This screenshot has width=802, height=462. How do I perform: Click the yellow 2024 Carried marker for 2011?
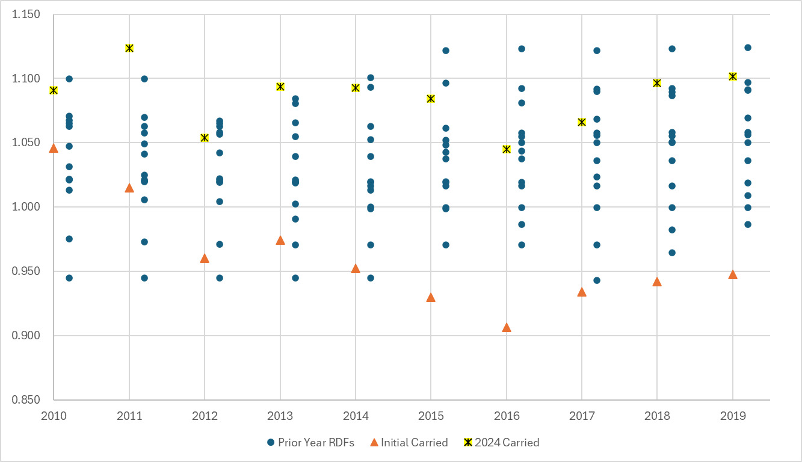(129, 48)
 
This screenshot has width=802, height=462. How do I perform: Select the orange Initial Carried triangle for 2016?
(507, 327)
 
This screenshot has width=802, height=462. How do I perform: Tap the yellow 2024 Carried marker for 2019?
(733, 76)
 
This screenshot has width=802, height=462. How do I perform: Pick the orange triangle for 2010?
(54, 148)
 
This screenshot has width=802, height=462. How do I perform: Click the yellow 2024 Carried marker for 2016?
(507, 149)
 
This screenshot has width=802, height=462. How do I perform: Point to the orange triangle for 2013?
(280, 240)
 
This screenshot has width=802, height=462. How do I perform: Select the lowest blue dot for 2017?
(597, 280)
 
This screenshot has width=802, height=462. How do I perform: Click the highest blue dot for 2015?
(446, 51)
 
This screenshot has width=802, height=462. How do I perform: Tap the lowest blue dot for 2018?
(672, 253)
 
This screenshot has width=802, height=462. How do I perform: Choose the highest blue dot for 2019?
(748, 48)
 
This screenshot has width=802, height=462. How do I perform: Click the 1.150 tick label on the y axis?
(26, 14)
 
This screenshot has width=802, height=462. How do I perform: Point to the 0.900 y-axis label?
(26, 336)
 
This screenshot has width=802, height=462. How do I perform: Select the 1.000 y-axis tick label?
(26, 207)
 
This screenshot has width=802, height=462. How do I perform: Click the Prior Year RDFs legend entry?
(310, 443)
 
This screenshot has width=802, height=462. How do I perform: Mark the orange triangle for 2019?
(733, 274)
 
